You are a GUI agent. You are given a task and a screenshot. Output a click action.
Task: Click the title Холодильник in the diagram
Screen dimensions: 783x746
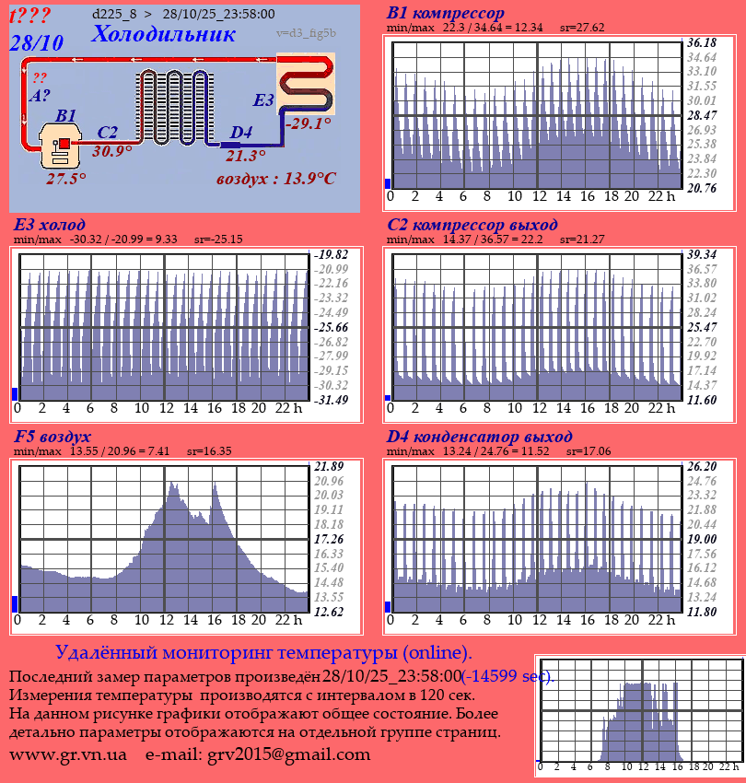[164, 34]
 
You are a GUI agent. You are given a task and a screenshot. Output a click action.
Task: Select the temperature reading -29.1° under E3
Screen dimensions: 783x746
[308, 123]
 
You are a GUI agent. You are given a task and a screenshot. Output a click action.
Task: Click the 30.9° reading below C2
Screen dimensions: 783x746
[112, 151]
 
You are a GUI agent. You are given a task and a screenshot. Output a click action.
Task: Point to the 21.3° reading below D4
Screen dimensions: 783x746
[245, 156]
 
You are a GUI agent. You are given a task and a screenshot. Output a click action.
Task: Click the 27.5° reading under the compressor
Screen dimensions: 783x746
[66, 179]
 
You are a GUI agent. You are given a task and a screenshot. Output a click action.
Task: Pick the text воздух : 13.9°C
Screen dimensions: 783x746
[275, 178]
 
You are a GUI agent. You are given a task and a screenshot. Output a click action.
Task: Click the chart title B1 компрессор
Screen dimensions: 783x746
[446, 14]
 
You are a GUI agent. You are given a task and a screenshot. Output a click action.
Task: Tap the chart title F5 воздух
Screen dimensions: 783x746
[52, 437]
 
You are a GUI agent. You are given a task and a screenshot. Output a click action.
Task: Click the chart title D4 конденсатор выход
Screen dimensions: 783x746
[479, 437]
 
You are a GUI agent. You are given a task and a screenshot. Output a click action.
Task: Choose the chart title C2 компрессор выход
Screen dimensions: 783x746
[472, 225]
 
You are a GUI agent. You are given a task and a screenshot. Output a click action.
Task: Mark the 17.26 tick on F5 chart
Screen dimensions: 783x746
[329, 539]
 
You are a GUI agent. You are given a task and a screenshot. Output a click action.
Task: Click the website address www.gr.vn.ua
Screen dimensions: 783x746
[68, 754]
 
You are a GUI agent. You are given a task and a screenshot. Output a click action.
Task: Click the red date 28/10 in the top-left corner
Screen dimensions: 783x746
[36, 42]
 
